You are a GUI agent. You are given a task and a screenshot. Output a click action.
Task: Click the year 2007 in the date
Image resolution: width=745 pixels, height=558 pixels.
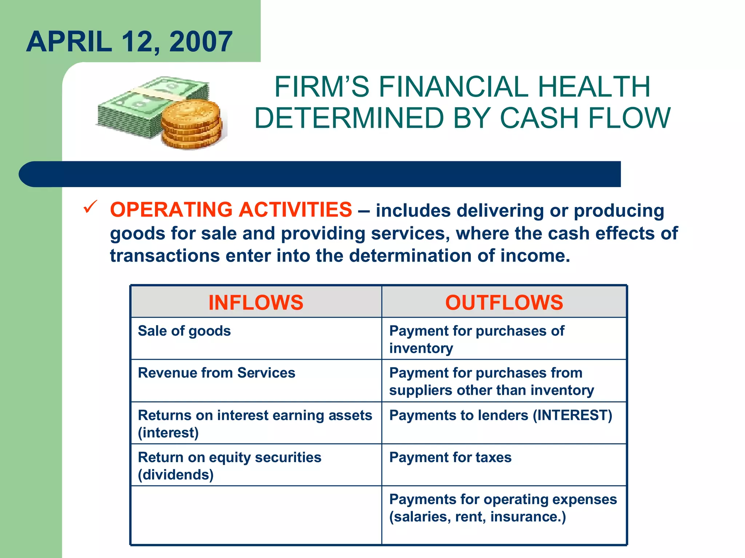201,42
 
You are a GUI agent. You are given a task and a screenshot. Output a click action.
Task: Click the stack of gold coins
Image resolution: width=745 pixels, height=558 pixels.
191,124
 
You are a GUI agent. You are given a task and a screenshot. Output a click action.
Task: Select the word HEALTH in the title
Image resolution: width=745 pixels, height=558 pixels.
594,87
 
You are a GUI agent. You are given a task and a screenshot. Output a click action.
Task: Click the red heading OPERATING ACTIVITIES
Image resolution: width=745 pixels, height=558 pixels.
231,210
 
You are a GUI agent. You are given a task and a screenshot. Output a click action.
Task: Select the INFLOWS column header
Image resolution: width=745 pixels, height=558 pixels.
256,302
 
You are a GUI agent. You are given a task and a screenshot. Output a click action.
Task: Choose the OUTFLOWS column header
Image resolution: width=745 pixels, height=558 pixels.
504,302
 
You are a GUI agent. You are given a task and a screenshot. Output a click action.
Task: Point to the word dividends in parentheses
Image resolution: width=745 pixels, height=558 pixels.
176,475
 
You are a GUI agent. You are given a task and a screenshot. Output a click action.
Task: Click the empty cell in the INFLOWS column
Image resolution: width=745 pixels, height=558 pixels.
256,515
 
